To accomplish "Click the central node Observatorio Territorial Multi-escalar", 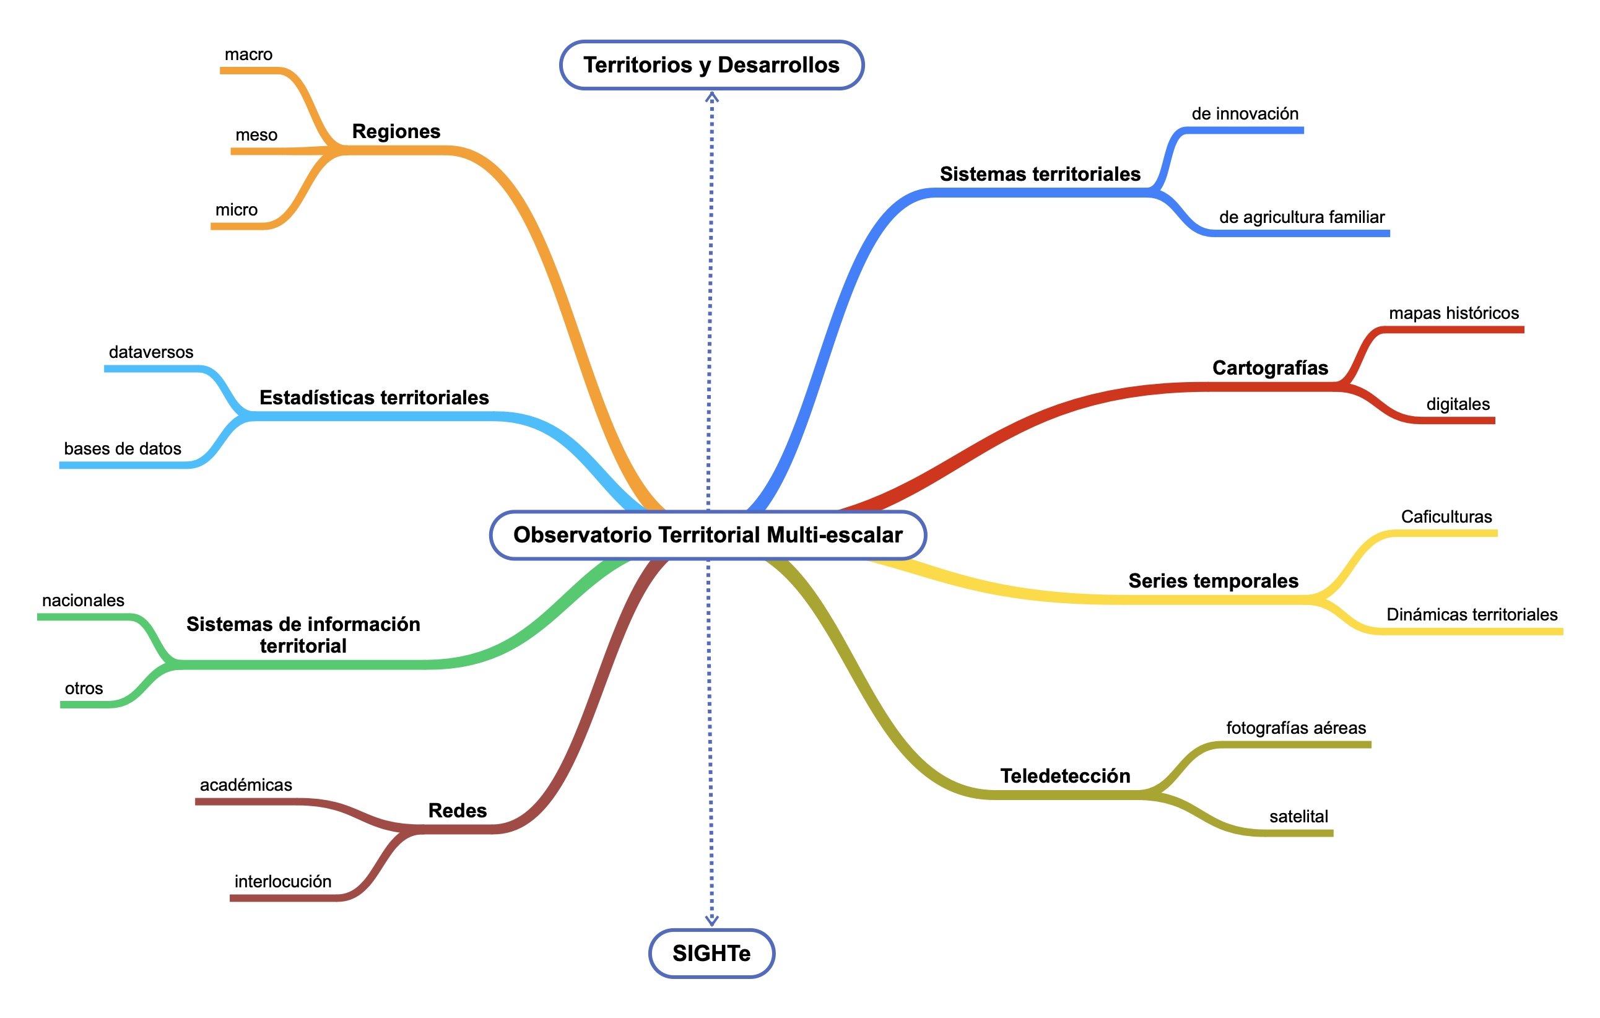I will (x=708, y=535).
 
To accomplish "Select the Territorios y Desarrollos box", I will (x=711, y=65).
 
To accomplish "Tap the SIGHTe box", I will (x=711, y=953).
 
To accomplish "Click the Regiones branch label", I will (x=396, y=131).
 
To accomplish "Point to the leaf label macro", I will (x=248, y=54).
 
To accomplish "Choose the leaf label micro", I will (x=237, y=210).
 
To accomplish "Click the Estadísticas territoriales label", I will (x=374, y=398).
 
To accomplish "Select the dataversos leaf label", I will (x=151, y=352).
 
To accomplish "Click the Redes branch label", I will (x=457, y=811).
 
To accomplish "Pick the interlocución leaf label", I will (x=282, y=881).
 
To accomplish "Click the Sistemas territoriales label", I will (x=1040, y=174).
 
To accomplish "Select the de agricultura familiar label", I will (x=1302, y=217).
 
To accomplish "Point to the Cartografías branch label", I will (x=1270, y=368).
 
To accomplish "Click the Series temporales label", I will (x=1213, y=581).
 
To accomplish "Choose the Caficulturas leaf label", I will (x=1446, y=516).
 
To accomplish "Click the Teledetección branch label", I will (x=1065, y=775).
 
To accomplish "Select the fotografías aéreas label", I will (x=1296, y=728).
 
